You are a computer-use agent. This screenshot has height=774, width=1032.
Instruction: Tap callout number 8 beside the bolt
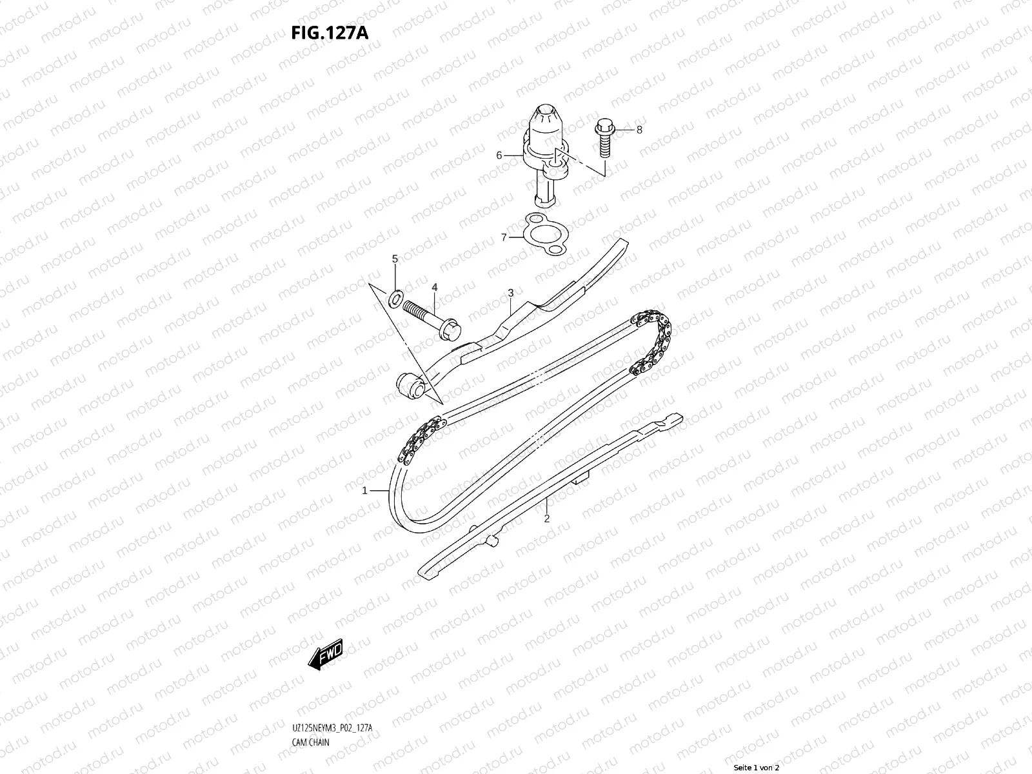pyautogui.click(x=639, y=130)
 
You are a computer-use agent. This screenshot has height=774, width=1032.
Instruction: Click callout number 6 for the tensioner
pyautogui.click(x=499, y=155)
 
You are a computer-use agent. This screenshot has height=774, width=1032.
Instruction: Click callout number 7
pyautogui.click(x=504, y=237)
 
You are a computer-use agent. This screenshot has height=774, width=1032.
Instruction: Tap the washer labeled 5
pyautogui.click(x=396, y=297)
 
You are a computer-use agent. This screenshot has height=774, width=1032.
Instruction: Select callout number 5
pyautogui.click(x=395, y=259)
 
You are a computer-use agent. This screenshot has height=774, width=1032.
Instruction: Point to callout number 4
pyautogui.click(x=435, y=286)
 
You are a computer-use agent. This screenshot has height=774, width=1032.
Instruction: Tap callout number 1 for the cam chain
pyautogui.click(x=364, y=490)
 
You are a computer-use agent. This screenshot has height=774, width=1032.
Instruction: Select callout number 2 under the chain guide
pyautogui.click(x=546, y=519)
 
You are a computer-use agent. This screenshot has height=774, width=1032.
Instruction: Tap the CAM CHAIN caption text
pyautogui.click(x=310, y=742)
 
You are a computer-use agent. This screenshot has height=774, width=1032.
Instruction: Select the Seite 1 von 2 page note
pyautogui.click(x=757, y=768)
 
